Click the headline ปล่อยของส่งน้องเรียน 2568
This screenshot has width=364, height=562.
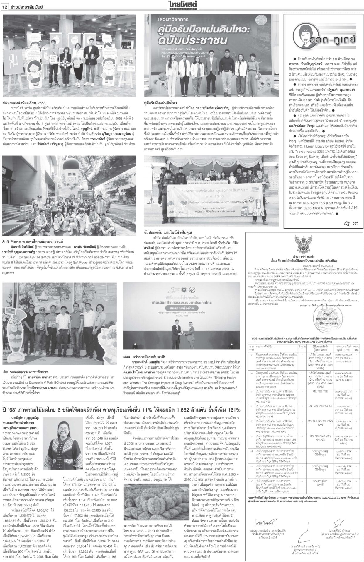(x=22, y=103)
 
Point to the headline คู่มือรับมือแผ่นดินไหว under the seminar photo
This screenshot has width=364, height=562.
(x=160, y=103)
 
